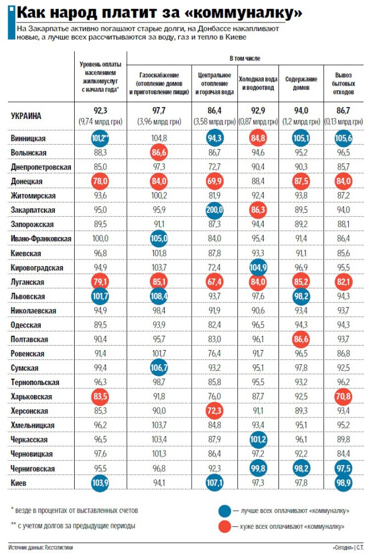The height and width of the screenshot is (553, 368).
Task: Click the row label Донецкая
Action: coord(26,181)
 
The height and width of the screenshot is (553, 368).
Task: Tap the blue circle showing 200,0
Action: coord(215,210)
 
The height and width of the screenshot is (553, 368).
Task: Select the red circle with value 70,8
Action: coord(343,397)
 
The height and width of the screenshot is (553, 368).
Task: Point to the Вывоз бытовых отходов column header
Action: coord(343,83)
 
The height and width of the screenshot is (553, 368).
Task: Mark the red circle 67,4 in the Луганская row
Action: coord(215,282)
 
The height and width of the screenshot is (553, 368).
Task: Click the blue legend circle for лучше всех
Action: coord(225,510)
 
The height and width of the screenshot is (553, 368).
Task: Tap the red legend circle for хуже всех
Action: coord(225,526)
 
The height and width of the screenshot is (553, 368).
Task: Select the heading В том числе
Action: coord(244,58)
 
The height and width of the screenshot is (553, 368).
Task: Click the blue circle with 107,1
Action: coord(215,483)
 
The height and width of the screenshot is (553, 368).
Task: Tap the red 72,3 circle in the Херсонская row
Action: coord(215,411)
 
